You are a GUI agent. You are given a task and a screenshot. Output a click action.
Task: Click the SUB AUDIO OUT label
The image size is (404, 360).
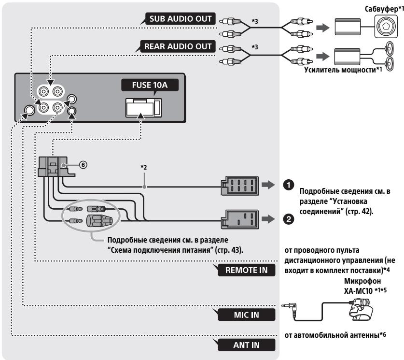coord(180,19)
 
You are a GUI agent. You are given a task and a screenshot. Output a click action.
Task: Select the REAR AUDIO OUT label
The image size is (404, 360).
coord(178,46)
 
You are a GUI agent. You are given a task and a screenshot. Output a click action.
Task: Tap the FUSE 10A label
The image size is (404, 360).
coord(150,85)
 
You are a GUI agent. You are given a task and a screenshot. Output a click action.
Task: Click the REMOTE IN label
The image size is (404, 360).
coord(246,270)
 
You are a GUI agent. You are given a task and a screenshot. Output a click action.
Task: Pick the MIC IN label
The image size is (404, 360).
coord(246,315)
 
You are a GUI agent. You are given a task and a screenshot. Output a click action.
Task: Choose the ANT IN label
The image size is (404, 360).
coord(246,345)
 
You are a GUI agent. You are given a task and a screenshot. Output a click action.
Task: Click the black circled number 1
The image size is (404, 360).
coord(288,185)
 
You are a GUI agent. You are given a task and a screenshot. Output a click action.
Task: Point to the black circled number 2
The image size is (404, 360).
coord(288,219)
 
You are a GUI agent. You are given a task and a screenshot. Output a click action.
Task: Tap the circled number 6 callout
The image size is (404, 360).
coord(83,164)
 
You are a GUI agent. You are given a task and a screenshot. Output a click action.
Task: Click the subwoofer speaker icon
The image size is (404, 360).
coord(386,26)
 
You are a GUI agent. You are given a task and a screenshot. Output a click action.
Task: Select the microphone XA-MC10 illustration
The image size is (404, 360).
coord(360,309)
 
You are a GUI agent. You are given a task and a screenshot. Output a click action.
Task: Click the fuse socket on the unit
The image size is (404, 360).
coord(143,108)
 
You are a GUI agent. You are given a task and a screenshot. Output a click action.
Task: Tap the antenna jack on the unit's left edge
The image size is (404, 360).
coord(29,110)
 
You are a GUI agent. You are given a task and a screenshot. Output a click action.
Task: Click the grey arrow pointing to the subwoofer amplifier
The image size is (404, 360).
coord(323,28)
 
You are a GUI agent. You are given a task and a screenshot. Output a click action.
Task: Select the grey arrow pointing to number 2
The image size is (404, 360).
coord(268,219)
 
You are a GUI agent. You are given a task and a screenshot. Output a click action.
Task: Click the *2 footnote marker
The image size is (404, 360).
coord(143,167)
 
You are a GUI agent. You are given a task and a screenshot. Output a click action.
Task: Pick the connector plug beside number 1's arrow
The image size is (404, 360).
coord(239,186)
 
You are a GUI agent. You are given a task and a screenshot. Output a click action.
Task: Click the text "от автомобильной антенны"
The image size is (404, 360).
coord(332,335)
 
